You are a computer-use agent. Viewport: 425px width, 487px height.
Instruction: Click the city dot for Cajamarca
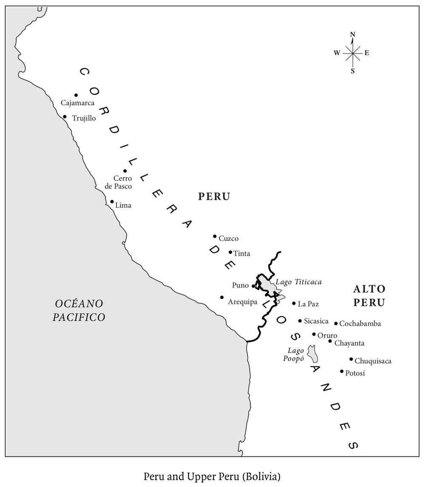click(x=76, y=95)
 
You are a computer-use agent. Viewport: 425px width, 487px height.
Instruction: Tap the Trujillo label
click(x=84, y=119)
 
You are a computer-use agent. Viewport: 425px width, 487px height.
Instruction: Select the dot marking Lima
click(x=112, y=201)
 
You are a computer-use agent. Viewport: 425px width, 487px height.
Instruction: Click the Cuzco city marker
click(x=215, y=236)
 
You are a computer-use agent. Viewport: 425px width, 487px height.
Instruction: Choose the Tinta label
click(x=242, y=254)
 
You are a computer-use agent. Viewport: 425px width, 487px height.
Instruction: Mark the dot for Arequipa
click(x=222, y=297)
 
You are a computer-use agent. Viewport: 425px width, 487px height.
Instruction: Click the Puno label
click(x=240, y=285)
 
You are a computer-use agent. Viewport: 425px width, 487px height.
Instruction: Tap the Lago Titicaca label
click(x=298, y=282)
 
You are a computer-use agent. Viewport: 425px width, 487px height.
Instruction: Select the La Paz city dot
click(x=294, y=303)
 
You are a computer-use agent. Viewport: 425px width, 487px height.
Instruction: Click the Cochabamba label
click(x=360, y=324)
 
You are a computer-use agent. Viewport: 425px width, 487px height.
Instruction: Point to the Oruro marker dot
click(x=314, y=334)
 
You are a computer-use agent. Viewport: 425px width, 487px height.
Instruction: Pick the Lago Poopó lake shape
click(x=313, y=354)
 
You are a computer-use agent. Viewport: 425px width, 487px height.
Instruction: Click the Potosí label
click(x=356, y=373)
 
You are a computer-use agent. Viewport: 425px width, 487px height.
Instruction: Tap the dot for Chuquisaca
click(x=351, y=359)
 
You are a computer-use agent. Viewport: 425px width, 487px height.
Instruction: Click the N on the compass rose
click(x=352, y=34)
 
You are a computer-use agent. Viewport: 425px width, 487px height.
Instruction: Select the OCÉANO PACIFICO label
click(x=79, y=310)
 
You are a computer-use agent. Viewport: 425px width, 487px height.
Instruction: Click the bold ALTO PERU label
click(x=369, y=296)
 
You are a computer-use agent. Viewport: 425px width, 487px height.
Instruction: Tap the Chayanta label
click(x=349, y=343)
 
